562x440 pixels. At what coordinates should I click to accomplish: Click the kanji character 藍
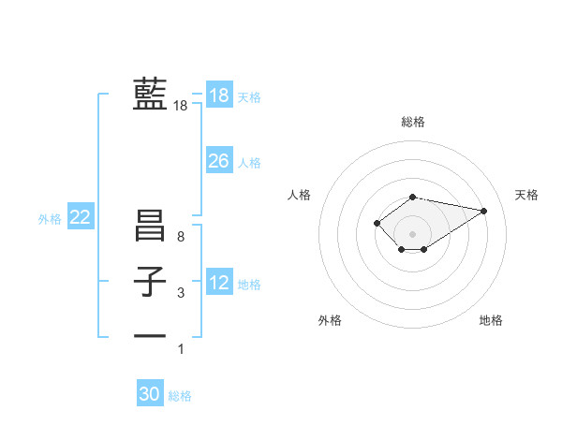click(150, 95)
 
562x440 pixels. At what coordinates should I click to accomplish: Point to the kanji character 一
click(150, 335)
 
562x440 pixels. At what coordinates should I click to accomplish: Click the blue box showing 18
click(219, 95)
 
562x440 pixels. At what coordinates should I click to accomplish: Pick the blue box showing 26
click(219, 161)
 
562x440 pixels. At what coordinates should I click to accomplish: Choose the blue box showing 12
click(219, 283)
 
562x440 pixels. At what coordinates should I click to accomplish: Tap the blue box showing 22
click(81, 218)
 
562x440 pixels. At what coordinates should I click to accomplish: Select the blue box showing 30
click(150, 394)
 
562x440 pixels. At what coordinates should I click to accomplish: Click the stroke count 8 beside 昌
click(181, 237)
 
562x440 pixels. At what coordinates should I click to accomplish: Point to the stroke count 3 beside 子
click(181, 293)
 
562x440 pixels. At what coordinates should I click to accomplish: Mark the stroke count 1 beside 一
click(181, 349)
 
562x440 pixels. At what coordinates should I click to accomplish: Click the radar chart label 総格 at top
click(413, 122)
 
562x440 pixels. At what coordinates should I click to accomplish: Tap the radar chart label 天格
click(526, 195)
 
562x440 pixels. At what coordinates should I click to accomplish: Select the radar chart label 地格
click(491, 320)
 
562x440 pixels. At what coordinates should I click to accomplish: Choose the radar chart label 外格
click(330, 320)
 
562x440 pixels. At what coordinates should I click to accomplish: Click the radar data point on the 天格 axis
click(483, 210)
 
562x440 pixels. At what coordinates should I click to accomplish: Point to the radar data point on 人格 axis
click(377, 223)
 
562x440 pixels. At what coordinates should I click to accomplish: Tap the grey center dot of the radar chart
click(412, 233)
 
